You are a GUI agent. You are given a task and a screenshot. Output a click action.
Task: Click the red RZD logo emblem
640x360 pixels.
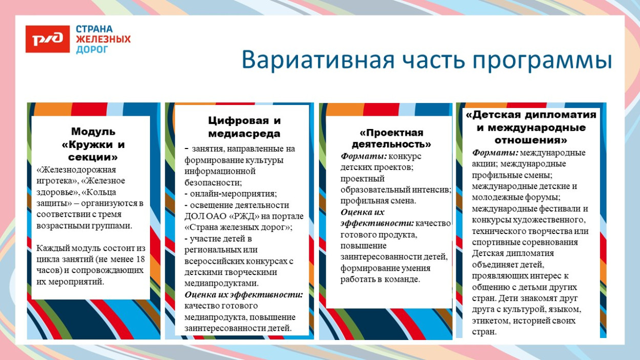pos(48,39)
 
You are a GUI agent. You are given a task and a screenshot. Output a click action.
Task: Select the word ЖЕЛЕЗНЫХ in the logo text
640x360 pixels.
pos(103,39)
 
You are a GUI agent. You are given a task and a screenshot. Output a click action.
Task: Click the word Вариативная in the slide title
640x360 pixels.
pos(317,60)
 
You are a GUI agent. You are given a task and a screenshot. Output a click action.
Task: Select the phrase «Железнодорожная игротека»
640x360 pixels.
pos(77,175)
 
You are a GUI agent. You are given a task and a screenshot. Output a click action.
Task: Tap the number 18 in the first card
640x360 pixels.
pos(141,259)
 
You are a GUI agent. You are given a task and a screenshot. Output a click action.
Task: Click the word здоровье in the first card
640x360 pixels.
pos(55,192)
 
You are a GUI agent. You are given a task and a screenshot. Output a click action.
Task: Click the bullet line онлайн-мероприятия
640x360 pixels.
pos(233,194)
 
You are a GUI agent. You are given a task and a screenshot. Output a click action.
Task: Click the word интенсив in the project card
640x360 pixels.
pos(435,190)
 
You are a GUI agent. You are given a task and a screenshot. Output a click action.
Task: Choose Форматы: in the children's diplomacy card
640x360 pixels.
pos(495,153)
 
